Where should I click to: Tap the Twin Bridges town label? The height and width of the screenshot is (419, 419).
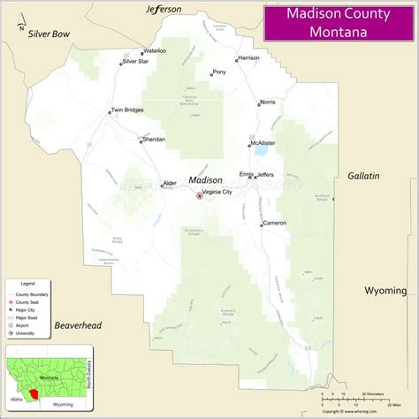pyautogui.click(x=127, y=110)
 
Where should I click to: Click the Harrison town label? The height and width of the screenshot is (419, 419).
pyautogui.click(x=248, y=57)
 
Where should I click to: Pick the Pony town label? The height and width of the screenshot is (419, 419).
pyautogui.click(x=218, y=72)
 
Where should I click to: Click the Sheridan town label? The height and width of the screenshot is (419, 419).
pyautogui.click(x=153, y=140)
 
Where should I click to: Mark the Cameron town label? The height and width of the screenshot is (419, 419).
pyautogui.click(x=274, y=224)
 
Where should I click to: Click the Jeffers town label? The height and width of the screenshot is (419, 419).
pyautogui.click(x=265, y=175)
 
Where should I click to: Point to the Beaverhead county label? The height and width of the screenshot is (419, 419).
pyautogui.click(x=78, y=326)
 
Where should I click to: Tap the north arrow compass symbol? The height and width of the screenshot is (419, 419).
pyautogui.click(x=15, y=27)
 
